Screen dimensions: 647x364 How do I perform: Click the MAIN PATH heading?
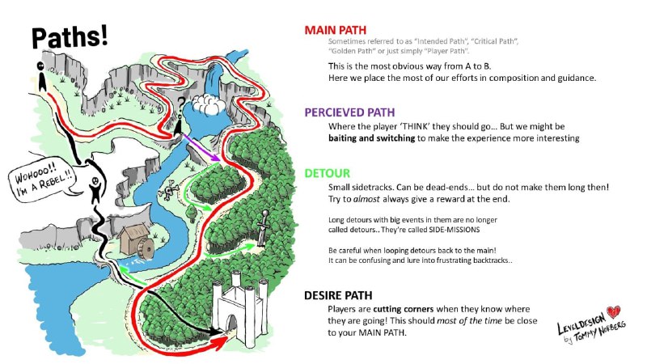(335, 30)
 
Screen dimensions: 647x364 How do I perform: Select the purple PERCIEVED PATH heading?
(349, 112)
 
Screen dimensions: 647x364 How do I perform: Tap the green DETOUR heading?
(328, 173)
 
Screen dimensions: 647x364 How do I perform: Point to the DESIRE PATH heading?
(338, 295)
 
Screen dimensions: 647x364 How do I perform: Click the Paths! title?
(70, 37)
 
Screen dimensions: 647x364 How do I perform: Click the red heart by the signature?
(613, 311)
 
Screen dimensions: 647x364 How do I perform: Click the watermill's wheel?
(146, 248)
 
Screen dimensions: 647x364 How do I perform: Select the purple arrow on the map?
(201, 147)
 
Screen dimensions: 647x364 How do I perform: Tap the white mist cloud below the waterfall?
(209, 104)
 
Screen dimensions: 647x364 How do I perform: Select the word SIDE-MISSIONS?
(455, 230)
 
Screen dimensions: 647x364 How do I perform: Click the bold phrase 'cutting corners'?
(403, 309)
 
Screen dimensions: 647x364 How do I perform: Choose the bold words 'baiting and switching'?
(371, 138)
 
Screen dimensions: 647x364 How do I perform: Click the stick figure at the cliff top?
(41, 77)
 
